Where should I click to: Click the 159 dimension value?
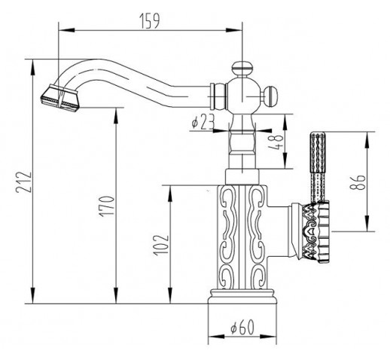tap(150, 21)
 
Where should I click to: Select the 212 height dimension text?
tap(24, 182)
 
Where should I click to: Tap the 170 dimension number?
tap(107, 206)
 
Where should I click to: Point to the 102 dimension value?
tap(161, 246)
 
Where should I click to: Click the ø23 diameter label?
tap(203, 122)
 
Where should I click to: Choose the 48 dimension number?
tap(276, 142)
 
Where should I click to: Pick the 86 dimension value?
tap(358, 182)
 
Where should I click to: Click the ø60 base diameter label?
tap(242, 327)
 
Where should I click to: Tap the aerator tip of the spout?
tap(59, 98)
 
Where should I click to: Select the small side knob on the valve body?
tap(271, 96)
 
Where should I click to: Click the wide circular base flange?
tap(242, 296)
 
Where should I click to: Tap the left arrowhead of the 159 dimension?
tap(66, 30)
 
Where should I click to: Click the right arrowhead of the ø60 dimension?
tap(268, 337)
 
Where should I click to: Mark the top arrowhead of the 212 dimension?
tap(33, 67)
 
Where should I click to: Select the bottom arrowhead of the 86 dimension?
tap(367, 223)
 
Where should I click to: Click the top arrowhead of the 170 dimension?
tap(116, 115)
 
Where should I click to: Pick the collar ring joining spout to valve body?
tap(218, 96)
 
